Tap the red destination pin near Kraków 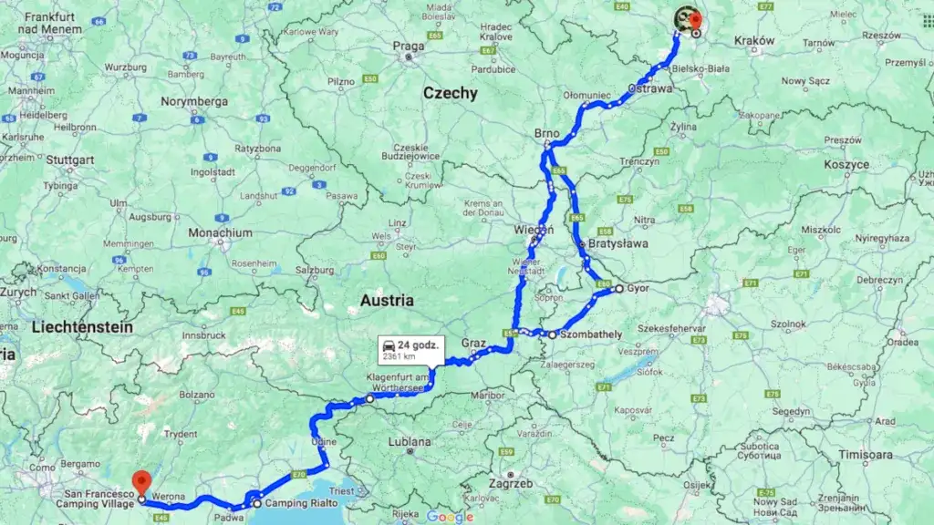(695, 20)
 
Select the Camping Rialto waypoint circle (257, 503)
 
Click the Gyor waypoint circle (618, 289)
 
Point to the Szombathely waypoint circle (553, 335)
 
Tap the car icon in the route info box (389, 345)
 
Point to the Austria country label (388, 300)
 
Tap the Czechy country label (450, 93)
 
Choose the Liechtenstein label (82, 326)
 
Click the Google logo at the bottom (450, 517)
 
